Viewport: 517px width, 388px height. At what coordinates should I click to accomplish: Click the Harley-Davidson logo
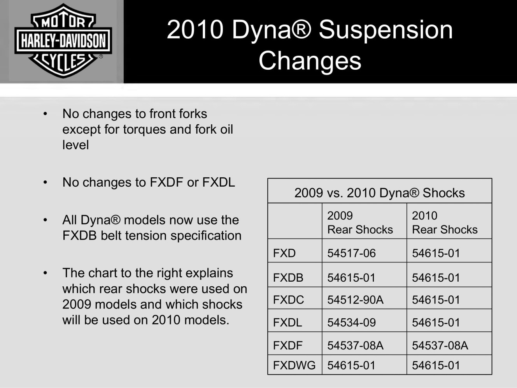[x=63, y=41]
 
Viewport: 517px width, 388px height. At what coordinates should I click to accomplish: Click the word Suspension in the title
[x=386, y=31]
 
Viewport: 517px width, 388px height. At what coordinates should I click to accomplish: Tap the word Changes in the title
[x=310, y=61]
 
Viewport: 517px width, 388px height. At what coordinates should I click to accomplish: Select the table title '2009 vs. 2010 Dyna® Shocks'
[x=379, y=193]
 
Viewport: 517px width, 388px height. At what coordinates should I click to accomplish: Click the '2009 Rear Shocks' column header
[x=360, y=222]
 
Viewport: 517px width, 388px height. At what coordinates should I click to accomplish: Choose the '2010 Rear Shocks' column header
[x=445, y=222]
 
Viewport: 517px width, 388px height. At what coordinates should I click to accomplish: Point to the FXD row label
[x=284, y=253]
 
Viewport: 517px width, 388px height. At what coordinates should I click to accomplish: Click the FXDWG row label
[x=294, y=365]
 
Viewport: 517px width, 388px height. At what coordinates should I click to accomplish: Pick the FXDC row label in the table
[x=288, y=300]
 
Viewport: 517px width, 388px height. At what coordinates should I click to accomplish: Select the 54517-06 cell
[x=351, y=253]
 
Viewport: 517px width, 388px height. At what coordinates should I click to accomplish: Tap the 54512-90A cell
[x=356, y=300]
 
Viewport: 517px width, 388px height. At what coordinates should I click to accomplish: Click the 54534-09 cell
[x=351, y=323]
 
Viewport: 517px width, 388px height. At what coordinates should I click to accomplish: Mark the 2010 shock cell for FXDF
[x=440, y=346]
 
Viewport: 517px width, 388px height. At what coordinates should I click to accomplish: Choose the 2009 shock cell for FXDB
[x=351, y=278]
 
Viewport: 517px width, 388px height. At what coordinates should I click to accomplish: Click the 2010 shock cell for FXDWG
[x=436, y=365]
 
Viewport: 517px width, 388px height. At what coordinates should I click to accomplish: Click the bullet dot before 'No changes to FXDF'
[x=45, y=182]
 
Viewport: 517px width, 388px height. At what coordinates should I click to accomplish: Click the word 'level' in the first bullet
[x=75, y=145]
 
